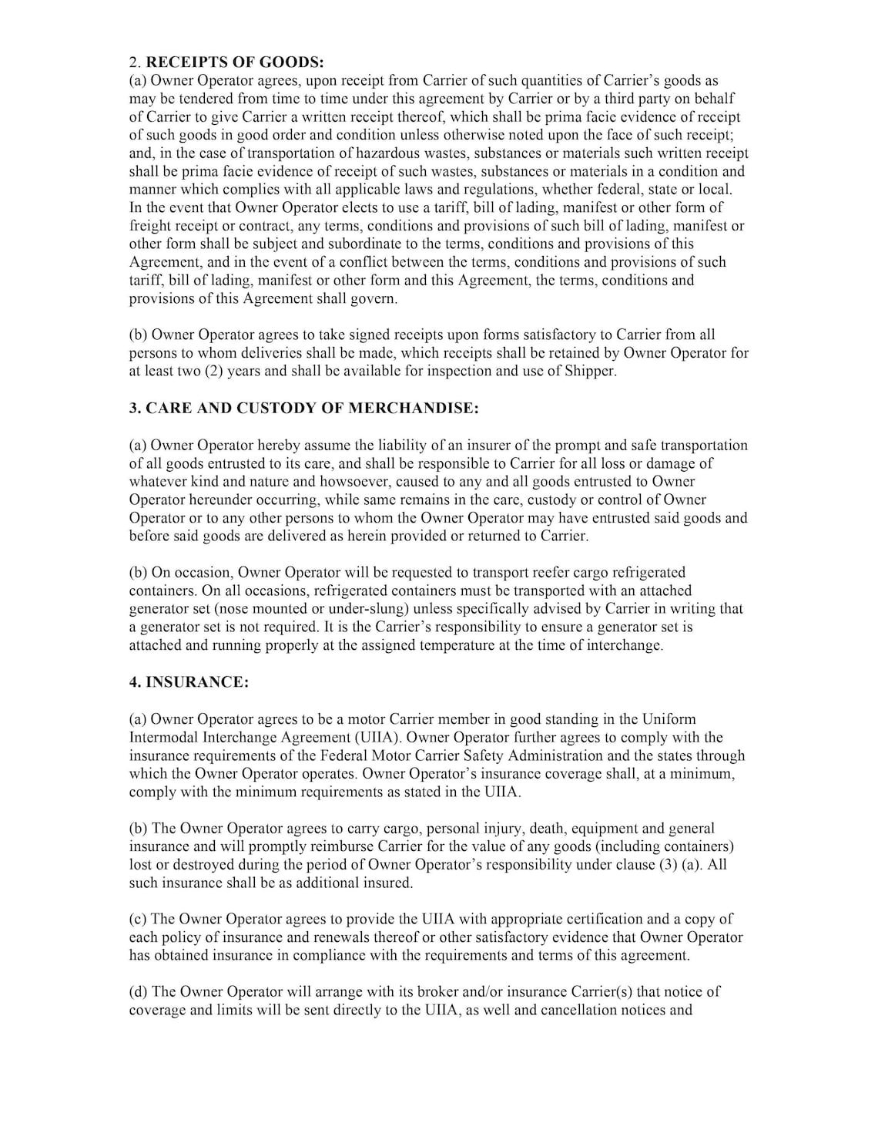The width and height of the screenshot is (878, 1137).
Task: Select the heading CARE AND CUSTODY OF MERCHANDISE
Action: pos(303,409)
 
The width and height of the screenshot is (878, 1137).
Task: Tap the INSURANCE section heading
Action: pos(189,682)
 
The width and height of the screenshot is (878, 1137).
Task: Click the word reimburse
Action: pos(363,847)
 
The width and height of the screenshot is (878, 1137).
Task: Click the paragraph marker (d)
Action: pos(139,992)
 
